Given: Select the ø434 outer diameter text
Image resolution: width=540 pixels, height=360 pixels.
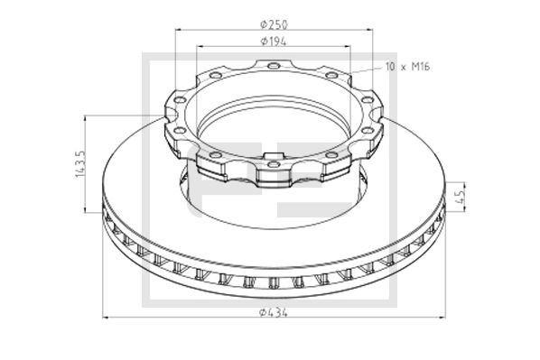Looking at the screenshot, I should (273, 311).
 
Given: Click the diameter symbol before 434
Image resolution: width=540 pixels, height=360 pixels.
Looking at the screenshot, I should (261, 311).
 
